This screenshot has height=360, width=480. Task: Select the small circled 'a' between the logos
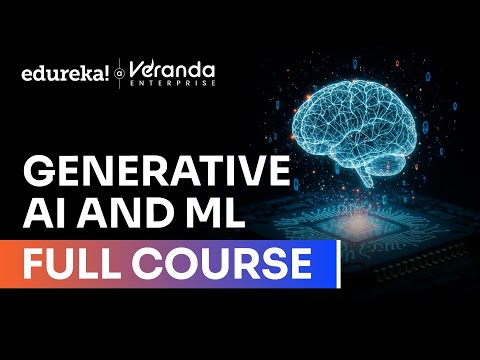point(120,73)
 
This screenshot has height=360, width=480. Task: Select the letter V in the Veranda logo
point(137,68)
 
